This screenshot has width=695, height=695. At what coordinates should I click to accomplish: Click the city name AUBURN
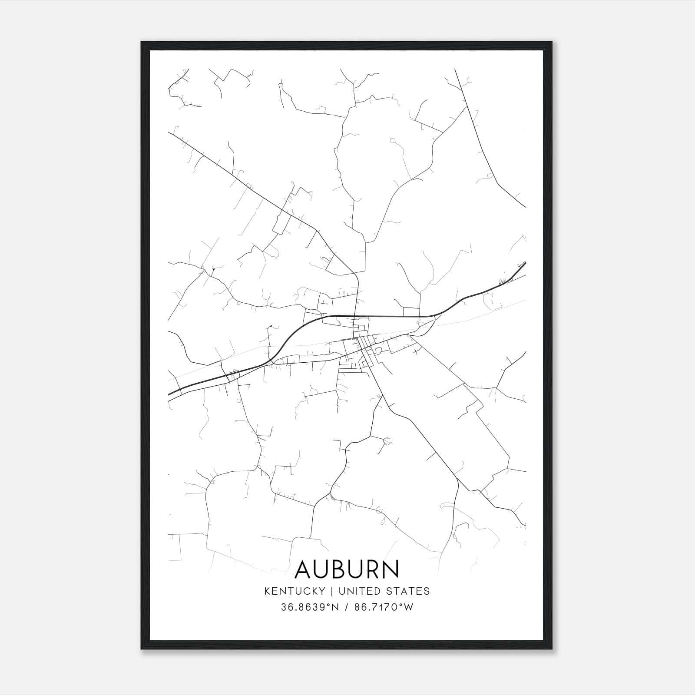(347, 569)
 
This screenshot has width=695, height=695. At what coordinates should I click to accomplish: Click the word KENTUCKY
(294, 591)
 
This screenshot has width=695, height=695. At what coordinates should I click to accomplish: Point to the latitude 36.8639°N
(309, 607)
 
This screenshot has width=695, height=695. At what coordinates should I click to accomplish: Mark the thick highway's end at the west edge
(169, 394)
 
